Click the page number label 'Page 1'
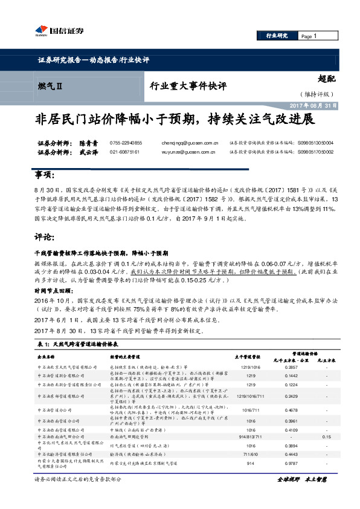point(308,37)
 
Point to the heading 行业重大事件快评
point(188,86)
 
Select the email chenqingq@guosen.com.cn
point(190,143)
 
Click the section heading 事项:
point(45,175)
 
